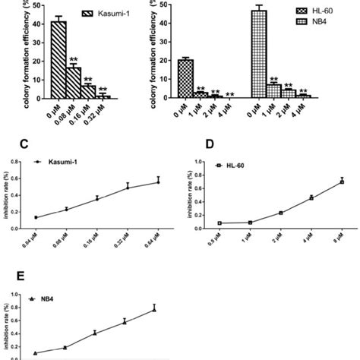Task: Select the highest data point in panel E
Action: point(154,309)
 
